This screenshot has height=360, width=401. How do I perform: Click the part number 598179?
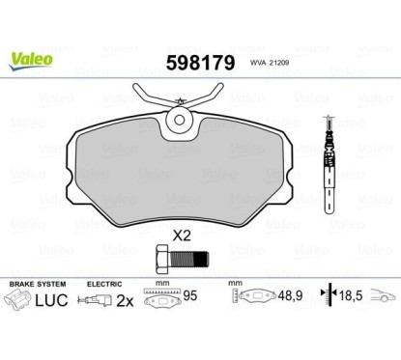pyautogui.click(x=183, y=59)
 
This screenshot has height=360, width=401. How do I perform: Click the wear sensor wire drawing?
pyautogui.click(x=330, y=159)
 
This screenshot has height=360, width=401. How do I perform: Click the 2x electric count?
pyautogui.click(x=126, y=302)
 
